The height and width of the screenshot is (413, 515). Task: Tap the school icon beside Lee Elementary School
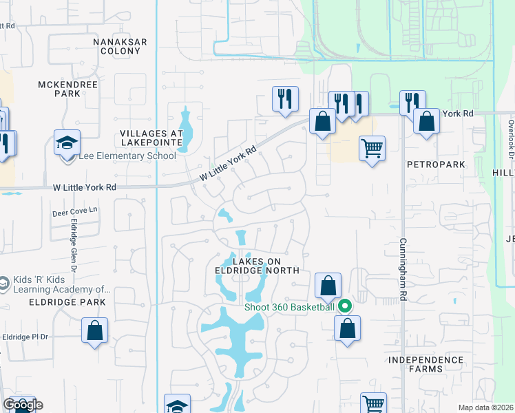(x=67, y=143)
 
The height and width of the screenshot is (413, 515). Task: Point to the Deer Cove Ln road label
(x=76, y=213)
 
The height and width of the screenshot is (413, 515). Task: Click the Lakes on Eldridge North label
(x=257, y=266)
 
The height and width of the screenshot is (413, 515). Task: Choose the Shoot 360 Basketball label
(x=289, y=307)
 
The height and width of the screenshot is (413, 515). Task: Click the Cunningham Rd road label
(x=402, y=269)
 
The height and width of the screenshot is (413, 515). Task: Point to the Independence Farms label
(x=425, y=364)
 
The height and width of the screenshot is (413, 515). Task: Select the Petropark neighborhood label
(x=436, y=165)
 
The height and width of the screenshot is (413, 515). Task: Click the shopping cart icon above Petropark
(x=372, y=148)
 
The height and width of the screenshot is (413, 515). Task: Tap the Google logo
(x=23, y=405)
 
